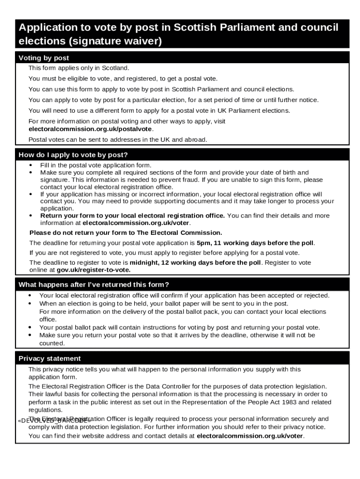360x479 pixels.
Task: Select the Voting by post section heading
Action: pos(43,58)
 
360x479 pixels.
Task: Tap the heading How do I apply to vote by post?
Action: pos(73,155)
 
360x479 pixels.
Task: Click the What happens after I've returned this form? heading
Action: pos(94,285)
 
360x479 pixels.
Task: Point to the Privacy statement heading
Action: pos(50,358)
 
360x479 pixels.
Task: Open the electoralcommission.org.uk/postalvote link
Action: pos(90,129)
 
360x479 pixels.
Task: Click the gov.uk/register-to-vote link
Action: pos(94,270)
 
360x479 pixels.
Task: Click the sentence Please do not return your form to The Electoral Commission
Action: pos(126,232)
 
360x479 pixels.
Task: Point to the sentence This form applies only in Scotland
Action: pos(79,68)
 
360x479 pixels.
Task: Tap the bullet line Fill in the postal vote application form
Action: pos(96,165)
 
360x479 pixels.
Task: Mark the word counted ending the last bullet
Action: pos(51,343)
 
